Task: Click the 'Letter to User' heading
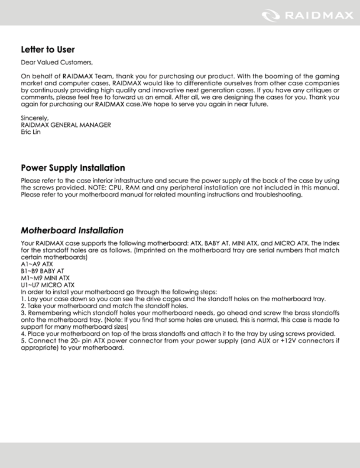48,49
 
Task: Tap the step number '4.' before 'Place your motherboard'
23,333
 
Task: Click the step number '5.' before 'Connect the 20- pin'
23,341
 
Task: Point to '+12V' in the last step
289,341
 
